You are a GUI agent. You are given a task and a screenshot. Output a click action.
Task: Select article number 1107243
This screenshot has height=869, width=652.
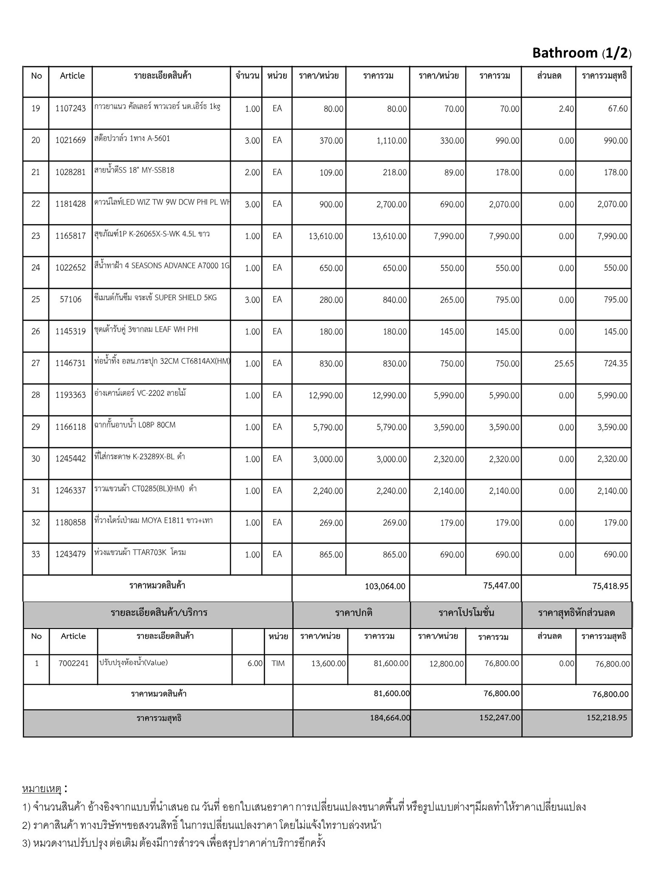[70, 109]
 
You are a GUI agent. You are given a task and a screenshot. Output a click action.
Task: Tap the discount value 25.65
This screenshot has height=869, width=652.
[564, 364]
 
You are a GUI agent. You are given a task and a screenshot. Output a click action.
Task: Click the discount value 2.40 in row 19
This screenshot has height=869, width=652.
[566, 109]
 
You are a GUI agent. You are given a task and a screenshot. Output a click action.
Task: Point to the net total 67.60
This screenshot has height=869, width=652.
[618, 109]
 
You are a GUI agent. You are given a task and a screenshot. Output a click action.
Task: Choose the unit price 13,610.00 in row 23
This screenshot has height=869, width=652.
[326, 236]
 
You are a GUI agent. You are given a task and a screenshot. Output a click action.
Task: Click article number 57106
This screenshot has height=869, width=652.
[70, 300]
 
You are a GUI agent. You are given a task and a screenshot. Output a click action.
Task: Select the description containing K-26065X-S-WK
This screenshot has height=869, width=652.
[152, 234]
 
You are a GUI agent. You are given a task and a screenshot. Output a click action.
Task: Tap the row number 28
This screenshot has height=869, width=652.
[36, 395]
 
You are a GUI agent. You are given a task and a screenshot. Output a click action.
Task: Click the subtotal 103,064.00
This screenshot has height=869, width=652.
[385, 586]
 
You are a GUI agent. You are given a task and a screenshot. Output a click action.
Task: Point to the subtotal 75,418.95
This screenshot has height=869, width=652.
[610, 586]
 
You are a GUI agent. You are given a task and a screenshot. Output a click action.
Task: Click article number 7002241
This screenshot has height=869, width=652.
[73, 663]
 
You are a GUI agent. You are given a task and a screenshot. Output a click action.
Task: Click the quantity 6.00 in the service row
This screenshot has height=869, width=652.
[255, 663]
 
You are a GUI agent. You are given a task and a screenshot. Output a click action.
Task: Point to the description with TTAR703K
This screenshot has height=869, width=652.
[140, 552]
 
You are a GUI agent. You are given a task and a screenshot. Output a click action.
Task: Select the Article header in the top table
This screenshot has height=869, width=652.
[72, 76]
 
